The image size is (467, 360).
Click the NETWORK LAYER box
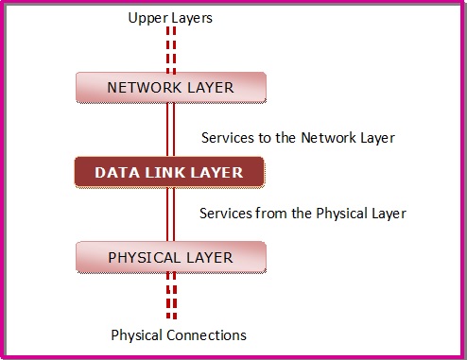(170, 88)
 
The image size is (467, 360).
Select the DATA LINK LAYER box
(170, 172)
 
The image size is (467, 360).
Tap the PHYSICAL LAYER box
(170, 256)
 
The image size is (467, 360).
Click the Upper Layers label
(170, 17)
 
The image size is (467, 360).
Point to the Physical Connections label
(179, 334)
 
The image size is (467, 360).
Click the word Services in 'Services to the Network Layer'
(228, 138)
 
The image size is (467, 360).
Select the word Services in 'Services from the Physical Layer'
(226, 214)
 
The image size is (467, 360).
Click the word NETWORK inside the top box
(140, 88)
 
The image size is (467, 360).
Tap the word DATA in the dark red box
(114, 172)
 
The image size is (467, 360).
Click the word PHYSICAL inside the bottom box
(146, 256)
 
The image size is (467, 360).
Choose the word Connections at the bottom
(205, 334)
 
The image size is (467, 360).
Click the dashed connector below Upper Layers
(171, 48)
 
